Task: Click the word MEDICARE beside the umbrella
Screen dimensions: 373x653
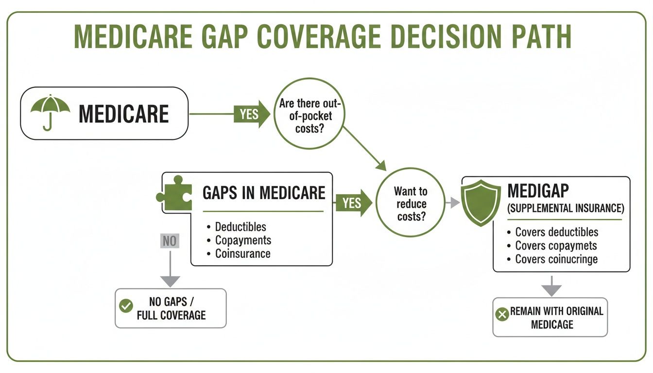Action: (x=123, y=114)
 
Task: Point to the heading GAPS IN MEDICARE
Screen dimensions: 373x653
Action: (x=263, y=193)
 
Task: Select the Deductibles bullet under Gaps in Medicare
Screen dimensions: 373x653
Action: (x=241, y=227)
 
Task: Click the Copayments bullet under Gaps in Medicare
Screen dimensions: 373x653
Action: (x=243, y=240)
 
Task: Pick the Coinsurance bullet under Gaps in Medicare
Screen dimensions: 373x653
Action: (x=242, y=253)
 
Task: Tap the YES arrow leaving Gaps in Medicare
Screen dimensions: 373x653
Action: (x=353, y=203)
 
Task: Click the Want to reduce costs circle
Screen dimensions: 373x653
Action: (x=411, y=203)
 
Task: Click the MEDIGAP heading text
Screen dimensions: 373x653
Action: (x=537, y=191)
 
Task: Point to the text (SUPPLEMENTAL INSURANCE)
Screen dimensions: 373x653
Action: (x=565, y=208)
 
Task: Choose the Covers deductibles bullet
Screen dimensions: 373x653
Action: (x=556, y=232)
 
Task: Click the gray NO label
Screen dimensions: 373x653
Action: (x=170, y=241)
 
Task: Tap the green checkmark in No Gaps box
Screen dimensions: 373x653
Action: (x=126, y=306)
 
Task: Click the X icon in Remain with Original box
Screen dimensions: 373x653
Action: (x=501, y=315)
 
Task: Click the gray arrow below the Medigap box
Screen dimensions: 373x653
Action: (x=551, y=287)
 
